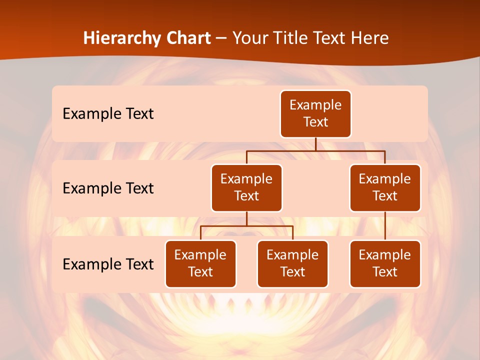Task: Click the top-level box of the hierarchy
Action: coord(315,114)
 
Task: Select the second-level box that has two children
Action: coord(246,188)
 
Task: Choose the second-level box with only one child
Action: coord(385,188)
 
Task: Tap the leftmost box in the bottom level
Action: coord(200,264)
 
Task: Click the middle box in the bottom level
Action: coord(292,264)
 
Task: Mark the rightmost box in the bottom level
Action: coord(385,264)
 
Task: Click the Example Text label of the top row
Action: coord(108,114)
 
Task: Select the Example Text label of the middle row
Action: coord(108,188)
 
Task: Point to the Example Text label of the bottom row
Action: coord(108,264)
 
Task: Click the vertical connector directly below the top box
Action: coord(315,144)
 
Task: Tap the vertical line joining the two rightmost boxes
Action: coord(385,226)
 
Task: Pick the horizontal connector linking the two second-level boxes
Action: coord(315,150)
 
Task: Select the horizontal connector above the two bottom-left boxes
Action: coord(246,226)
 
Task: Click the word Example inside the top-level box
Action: coord(315,105)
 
